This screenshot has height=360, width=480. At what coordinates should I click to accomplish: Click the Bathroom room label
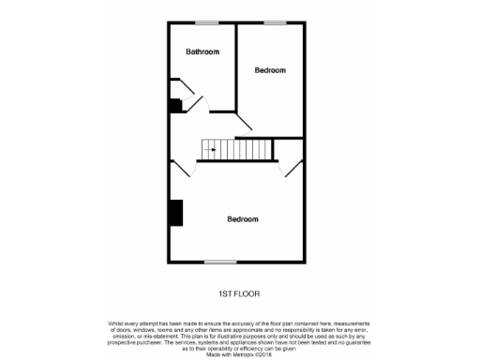[202, 52]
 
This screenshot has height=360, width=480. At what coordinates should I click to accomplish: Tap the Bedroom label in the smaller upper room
[270, 70]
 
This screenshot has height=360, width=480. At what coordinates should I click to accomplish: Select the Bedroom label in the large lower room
[243, 219]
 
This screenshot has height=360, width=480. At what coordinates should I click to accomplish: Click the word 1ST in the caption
[226, 293]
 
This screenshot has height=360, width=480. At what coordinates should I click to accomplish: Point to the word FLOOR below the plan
[247, 293]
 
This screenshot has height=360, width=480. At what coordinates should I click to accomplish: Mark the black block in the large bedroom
[175, 213]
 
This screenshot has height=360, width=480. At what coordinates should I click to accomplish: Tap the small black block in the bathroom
[174, 105]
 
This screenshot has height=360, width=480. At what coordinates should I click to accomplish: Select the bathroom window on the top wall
[206, 22]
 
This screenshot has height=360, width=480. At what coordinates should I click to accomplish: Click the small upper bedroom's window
[274, 22]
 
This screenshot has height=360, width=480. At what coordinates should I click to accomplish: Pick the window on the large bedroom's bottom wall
[219, 262]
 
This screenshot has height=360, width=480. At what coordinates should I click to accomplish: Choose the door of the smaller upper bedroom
[245, 122]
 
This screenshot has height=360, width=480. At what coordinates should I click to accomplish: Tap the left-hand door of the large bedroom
[180, 168]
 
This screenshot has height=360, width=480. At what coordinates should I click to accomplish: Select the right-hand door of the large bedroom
[293, 168]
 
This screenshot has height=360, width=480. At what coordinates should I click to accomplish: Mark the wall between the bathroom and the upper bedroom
[235, 66]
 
